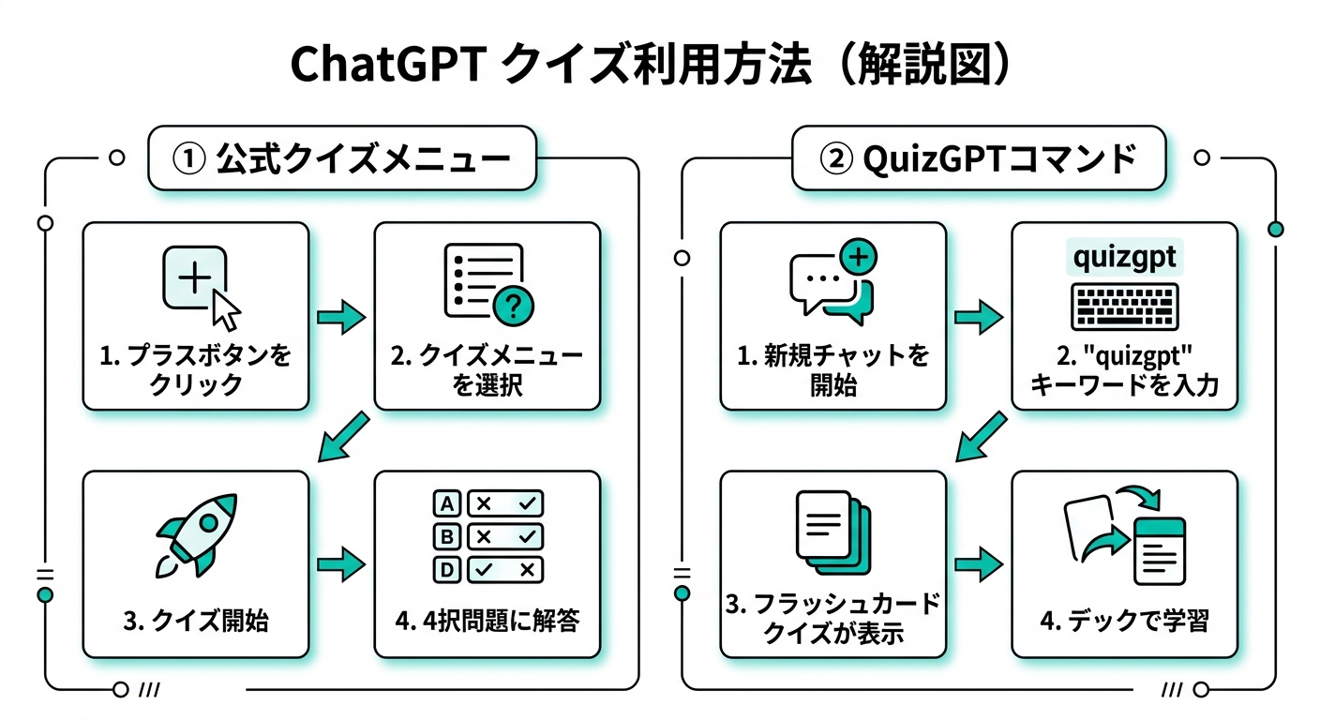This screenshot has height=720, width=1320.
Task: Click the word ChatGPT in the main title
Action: tap(386, 66)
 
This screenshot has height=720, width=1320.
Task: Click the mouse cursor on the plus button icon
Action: tap(225, 305)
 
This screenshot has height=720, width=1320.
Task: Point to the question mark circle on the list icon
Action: tap(512, 304)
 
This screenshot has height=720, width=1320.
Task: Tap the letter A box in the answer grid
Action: tap(447, 503)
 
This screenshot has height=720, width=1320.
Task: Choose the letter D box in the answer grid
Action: tap(447, 569)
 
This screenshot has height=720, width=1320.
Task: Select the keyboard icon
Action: tap(1124, 307)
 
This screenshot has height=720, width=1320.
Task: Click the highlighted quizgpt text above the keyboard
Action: tap(1124, 256)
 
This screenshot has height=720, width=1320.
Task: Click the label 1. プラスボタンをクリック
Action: tap(195, 370)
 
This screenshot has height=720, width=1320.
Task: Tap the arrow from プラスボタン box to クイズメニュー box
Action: tap(340, 318)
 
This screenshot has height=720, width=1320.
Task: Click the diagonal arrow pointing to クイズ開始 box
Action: tap(344, 438)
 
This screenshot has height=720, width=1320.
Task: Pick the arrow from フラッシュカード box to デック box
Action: tap(978, 564)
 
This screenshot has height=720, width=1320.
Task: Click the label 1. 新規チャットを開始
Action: tap(832, 370)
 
